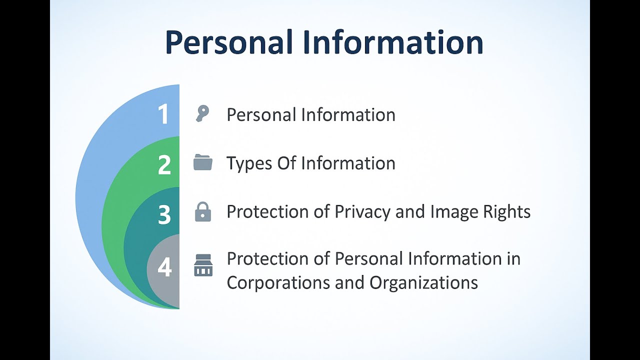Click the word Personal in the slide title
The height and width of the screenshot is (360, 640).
tap(228, 42)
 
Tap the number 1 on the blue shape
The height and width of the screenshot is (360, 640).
tap(163, 114)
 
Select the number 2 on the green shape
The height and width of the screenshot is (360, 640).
tap(164, 165)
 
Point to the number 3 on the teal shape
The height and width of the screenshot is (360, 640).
tap(164, 215)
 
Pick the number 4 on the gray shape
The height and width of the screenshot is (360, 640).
tap(164, 267)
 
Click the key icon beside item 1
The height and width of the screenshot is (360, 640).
tap(202, 114)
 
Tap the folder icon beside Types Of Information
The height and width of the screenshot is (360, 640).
tap(202, 162)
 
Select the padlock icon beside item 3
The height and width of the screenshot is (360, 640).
tap(202, 212)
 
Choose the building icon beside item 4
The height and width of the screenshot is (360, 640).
tap(203, 265)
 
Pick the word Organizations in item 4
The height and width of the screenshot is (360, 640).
tap(423, 282)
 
